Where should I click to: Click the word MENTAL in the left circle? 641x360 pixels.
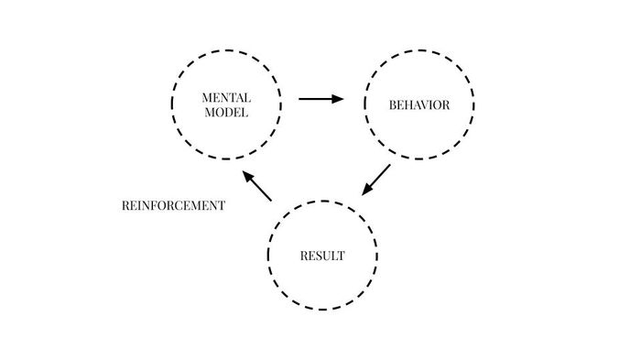click(226, 97)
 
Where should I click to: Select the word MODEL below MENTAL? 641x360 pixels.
click(226, 112)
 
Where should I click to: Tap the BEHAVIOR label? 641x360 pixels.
click(419, 104)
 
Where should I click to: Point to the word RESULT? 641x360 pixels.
click(322, 256)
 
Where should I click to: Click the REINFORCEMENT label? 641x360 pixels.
click(173, 206)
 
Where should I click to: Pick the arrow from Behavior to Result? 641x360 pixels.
click(376, 180)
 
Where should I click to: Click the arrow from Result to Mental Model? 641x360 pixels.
click(256, 186)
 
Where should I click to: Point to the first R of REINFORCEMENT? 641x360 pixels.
click(125, 206)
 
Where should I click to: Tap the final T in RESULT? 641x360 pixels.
click(342, 256)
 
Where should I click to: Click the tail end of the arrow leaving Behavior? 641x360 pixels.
click(389, 166)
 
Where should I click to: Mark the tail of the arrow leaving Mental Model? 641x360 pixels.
click(300, 99)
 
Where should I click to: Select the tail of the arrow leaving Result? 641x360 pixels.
click(271, 200)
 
